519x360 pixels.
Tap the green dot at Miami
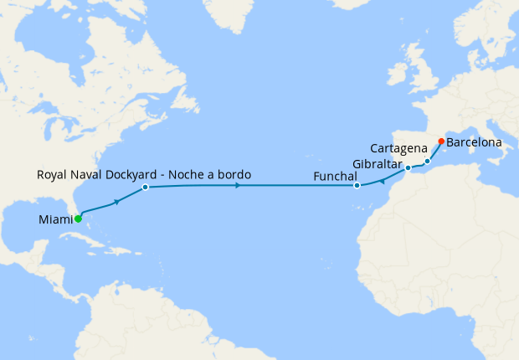point(78,219)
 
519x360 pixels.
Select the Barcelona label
point(474,142)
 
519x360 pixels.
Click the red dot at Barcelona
point(441,141)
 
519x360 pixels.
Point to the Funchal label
point(335,176)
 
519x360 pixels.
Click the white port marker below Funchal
point(357,186)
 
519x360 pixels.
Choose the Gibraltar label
point(378,163)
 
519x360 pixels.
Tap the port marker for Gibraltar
point(408,168)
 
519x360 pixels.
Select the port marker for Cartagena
point(427,161)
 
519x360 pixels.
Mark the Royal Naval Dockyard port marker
point(145,188)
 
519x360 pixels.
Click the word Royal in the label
point(53,174)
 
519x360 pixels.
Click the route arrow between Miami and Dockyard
point(117,202)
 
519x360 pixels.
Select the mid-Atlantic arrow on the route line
point(239,185)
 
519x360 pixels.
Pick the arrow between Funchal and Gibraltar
point(382,180)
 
